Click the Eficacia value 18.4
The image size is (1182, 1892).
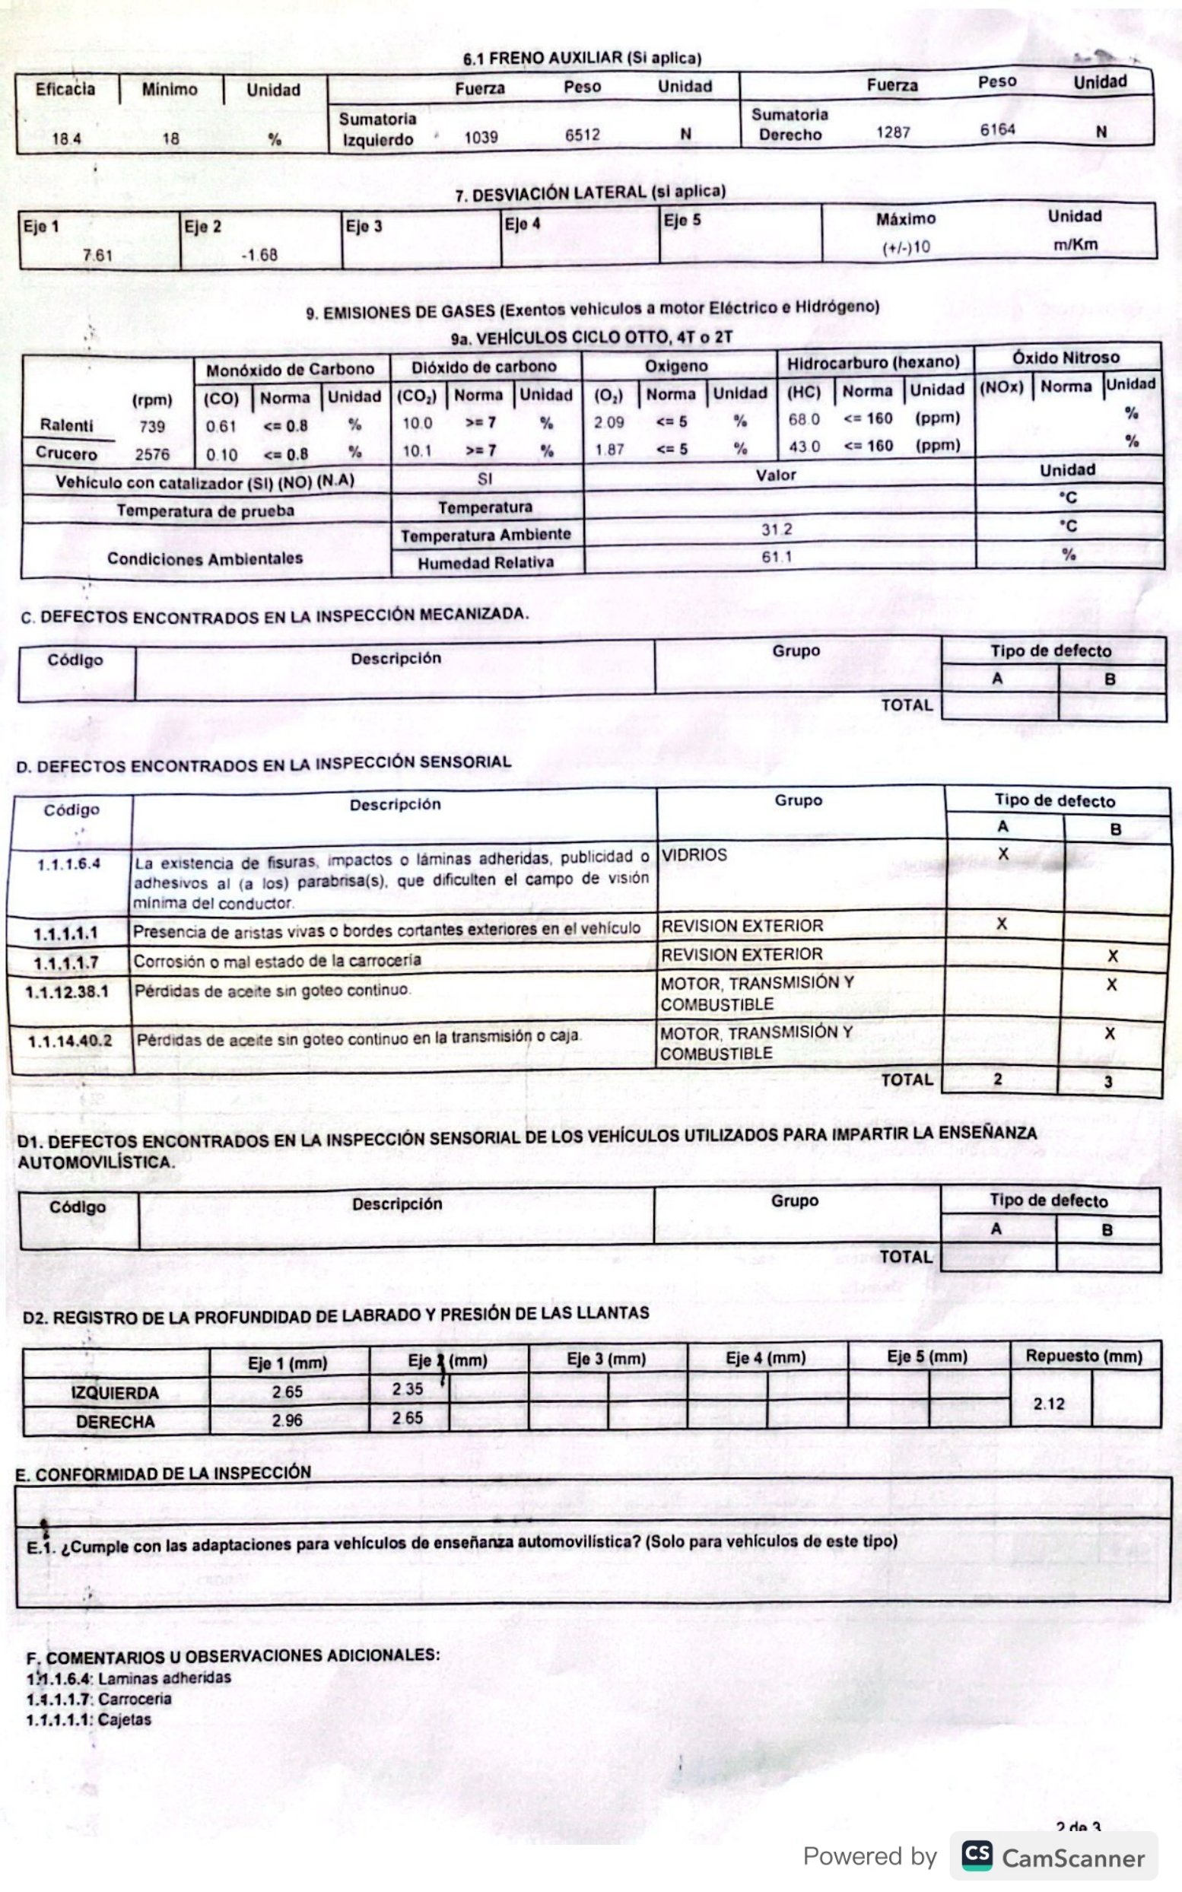click(66, 139)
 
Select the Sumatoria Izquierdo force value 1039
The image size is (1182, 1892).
click(481, 138)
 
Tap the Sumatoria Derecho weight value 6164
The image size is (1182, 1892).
click(997, 130)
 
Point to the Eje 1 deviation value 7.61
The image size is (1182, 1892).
click(97, 256)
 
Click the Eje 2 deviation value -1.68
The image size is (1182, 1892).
click(259, 255)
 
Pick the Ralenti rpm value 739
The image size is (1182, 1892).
click(152, 427)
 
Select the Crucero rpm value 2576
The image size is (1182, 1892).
click(151, 455)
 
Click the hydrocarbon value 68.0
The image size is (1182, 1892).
click(804, 419)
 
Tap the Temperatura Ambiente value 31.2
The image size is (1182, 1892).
click(777, 530)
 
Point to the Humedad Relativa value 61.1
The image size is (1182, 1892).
click(777, 558)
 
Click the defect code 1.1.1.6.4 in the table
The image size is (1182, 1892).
click(68, 864)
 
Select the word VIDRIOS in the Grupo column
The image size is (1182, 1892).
click(694, 855)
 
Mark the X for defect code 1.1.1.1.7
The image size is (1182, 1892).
click(1113, 956)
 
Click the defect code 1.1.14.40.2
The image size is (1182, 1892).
click(69, 1041)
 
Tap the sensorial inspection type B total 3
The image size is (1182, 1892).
click(1107, 1082)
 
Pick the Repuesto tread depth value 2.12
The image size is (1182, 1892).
click(1048, 1404)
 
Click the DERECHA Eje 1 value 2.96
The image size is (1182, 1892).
click(287, 1420)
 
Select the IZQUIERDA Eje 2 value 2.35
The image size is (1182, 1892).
click(407, 1389)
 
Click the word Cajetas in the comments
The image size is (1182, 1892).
click(125, 1719)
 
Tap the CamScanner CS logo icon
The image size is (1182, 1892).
click(977, 1855)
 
